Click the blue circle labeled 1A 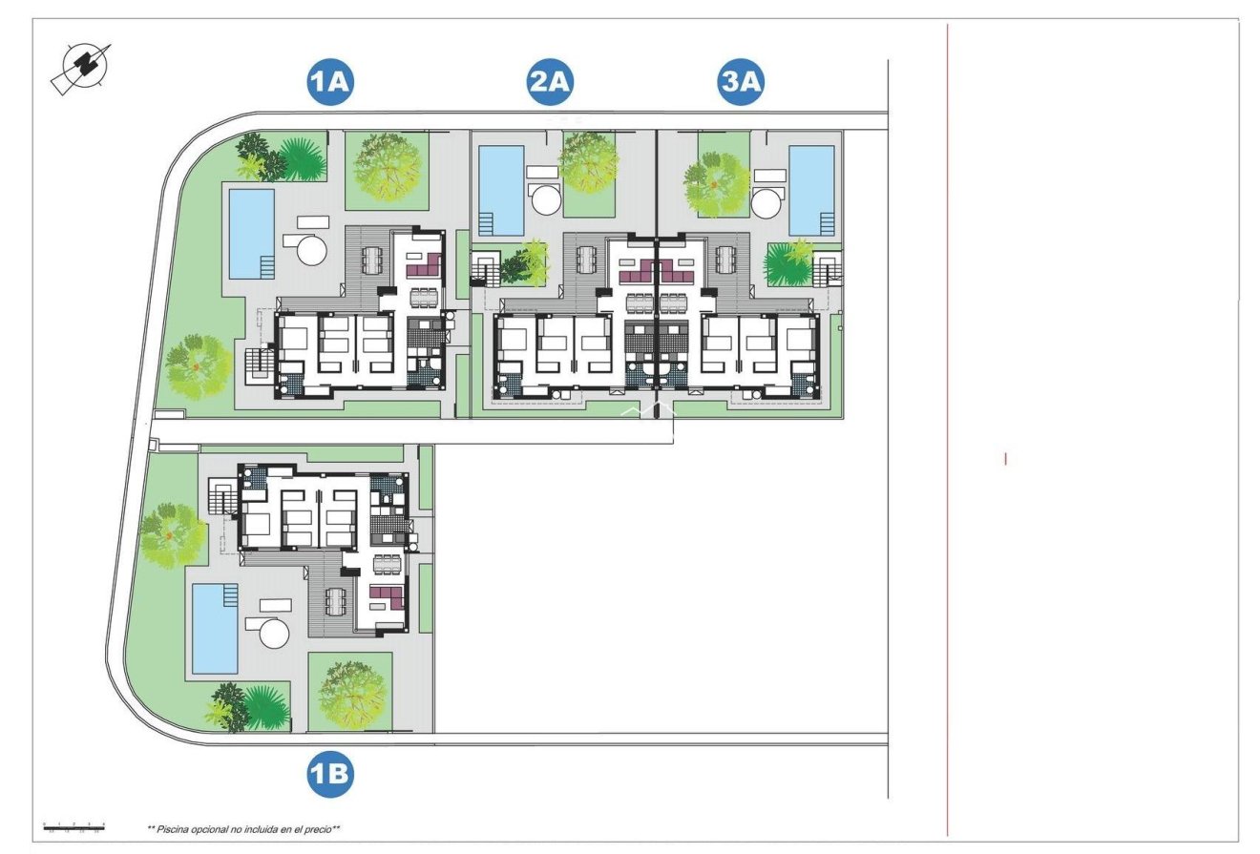click(x=330, y=83)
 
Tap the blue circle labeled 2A click(x=550, y=83)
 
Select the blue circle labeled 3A click(x=742, y=83)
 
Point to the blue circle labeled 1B click(x=330, y=775)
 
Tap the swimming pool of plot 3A click(x=811, y=189)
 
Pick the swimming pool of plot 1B click(x=215, y=628)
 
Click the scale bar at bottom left click(x=73, y=826)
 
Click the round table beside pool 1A click(x=311, y=250)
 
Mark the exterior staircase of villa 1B click(x=222, y=498)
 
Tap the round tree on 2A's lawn click(x=589, y=159)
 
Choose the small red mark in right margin click(x=1005, y=459)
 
